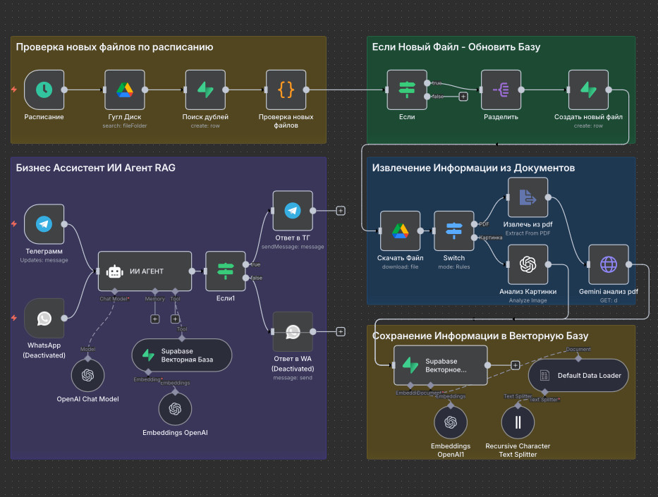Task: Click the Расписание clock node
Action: pos(44,90)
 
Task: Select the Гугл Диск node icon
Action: pos(125,90)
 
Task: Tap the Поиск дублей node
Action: pos(205,90)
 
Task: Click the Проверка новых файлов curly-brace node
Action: pos(286,90)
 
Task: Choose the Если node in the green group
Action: pos(407,90)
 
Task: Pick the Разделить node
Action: pos(501,90)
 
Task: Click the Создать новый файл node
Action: pos(588,90)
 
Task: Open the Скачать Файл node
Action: pos(400,231)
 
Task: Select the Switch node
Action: pos(454,231)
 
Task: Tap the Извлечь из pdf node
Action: pos(528,197)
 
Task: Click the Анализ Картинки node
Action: pos(528,264)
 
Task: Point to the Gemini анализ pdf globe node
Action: pos(608,264)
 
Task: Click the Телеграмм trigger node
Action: pos(44,224)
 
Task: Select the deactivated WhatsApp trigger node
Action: pos(44,318)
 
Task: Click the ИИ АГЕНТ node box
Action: pos(145,271)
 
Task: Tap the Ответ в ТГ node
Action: pos(292,210)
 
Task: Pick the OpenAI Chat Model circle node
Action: pos(87,376)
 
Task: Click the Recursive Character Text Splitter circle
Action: pos(518,422)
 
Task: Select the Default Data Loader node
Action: pos(578,376)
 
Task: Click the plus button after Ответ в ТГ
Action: pos(341,210)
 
